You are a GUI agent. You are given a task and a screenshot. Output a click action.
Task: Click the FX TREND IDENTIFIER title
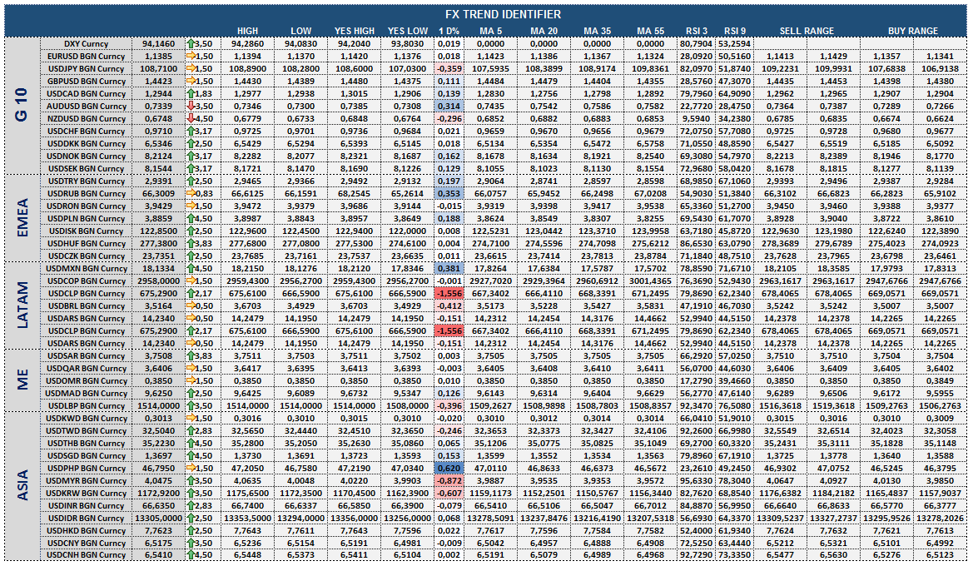503,14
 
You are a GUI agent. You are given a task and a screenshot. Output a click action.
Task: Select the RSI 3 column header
696,31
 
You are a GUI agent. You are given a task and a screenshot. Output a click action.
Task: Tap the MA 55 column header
650,31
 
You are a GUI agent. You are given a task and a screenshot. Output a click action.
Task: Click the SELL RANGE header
807,31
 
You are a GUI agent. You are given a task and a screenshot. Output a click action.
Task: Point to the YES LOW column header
408,31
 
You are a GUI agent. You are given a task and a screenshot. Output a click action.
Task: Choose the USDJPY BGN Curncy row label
87,69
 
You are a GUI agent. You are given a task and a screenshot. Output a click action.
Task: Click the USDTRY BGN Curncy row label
87,181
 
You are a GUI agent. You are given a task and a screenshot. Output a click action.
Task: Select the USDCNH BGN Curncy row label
87,555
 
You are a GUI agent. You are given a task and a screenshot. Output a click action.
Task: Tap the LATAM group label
23,305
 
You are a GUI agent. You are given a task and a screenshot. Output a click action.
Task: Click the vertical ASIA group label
23,485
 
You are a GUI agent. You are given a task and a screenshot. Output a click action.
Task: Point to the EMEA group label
23,217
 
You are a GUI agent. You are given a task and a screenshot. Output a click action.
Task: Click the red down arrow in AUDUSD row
191,107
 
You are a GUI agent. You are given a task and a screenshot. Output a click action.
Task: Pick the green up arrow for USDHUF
191,243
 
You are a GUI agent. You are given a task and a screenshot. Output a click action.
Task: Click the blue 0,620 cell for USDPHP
449,469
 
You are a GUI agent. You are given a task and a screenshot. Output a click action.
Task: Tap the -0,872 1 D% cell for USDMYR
449,481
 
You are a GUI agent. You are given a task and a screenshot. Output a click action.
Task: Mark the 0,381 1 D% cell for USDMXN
449,269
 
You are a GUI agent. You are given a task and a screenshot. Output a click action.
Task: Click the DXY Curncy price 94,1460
158,44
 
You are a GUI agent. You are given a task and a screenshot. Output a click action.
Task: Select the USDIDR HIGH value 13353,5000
247,519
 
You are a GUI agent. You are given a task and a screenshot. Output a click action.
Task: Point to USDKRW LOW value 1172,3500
301,494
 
